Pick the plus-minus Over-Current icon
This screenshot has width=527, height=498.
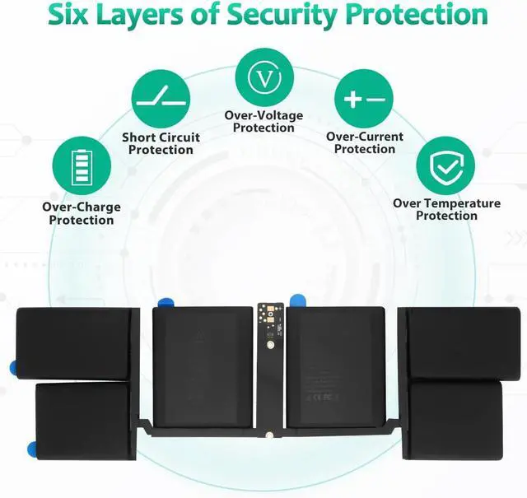tap(364, 99)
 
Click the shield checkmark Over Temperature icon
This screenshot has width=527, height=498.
tap(445, 166)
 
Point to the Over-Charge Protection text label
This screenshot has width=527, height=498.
tap(82, 214)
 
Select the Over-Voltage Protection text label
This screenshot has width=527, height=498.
tap(263, 122)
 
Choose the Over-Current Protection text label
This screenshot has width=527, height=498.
tap(365, 143)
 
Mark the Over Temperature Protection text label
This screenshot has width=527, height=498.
tap(446, 209)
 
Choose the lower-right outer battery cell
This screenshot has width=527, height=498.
tap(455, 417)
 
